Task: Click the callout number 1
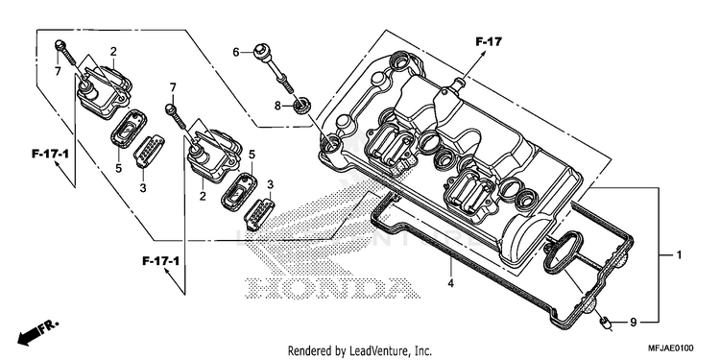tap(678, 254)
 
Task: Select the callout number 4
tap(451, 283)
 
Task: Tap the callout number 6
tap(236, 53)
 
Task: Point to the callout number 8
tap(277, 106)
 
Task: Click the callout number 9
tap(634, 323)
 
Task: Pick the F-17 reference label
tap(489, 42)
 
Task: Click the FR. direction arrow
tap(37, 331)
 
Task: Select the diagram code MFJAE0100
tap(671, 348)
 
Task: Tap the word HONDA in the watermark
tap(333, 288)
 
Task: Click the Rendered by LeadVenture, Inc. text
tap(360, 351)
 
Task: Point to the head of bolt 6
tap(260, 48)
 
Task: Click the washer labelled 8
tap(302, 107)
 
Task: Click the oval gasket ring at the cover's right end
tap(564, 251)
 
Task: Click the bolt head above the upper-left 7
tap(59, 45)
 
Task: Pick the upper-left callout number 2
tap(113, 52)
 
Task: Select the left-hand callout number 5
tap(118, 169)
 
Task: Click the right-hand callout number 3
tap(271, 184)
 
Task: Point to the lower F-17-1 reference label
tap(160, 261)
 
